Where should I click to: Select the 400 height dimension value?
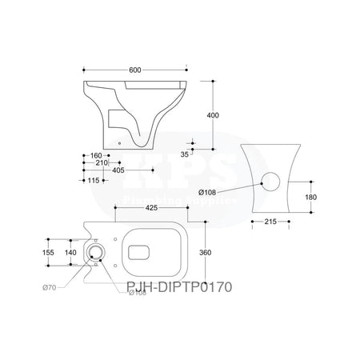pyautogui.click(x=212, y=115)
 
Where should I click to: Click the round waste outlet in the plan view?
pyautogui.click(x=97, y=253)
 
